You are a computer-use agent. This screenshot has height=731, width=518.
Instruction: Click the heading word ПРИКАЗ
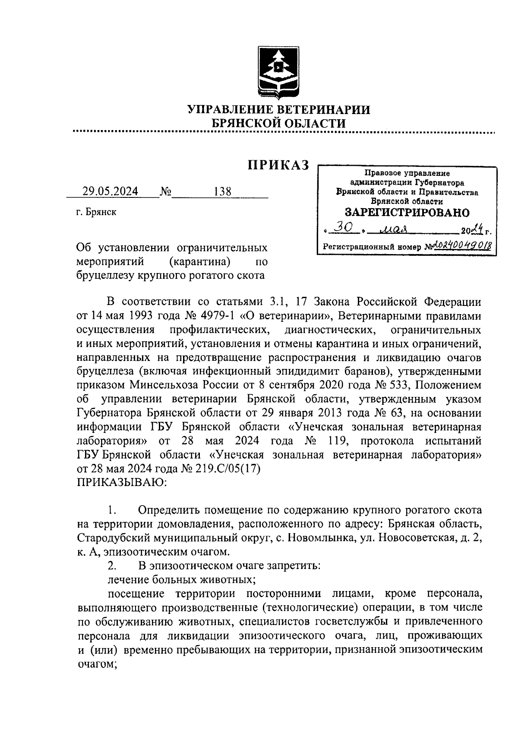pyautogui.click(x=278, y=165)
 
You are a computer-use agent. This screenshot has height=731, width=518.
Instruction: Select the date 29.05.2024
pyautogui.click(x=111, y=191)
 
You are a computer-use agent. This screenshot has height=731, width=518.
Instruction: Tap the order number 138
pyautogui.click(x=223, y=191)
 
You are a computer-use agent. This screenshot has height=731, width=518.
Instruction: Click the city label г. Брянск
pyautogui.click(x=96, y=213)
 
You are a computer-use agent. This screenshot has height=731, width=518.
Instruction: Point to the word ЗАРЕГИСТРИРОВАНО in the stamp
pyautogui.click(x=407, y=213)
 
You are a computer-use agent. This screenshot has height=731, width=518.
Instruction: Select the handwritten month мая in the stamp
pyautogui.click(x=393, y=228)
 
